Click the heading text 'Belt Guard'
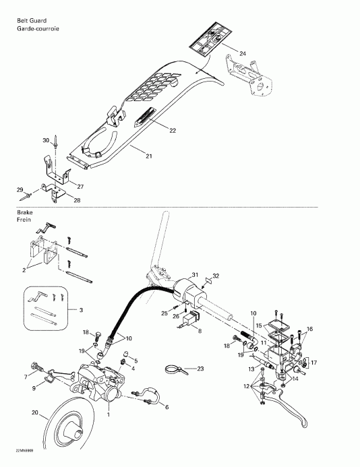coord(30,21)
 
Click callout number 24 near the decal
coord(243,53)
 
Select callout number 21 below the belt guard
coord(148,156)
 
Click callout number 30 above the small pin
coord(47,140)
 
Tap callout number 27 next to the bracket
coord(80,186)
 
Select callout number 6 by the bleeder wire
coord(167,406)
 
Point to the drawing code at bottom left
coord(18,452)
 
